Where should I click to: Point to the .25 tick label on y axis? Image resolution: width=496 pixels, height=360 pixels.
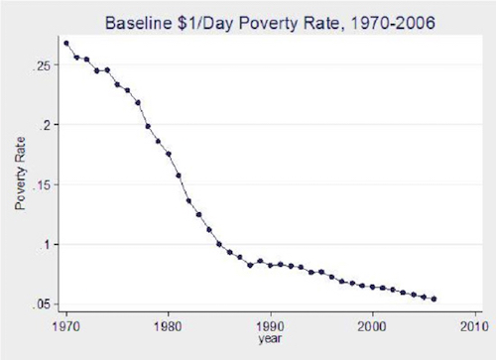click(x=42, y=65)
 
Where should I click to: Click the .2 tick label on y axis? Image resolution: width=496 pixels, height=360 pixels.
click(x=46, y=125)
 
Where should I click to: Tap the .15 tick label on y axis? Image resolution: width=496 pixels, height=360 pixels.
click(x=42, y=184)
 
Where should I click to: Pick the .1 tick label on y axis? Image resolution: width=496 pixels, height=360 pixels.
click(x=46, y=245)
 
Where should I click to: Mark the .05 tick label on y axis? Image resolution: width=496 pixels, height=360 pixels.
click(x=42, y=304)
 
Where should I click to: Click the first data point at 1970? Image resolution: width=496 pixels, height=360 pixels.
click(x=66, y=44)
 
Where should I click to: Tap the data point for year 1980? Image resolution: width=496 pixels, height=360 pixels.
click(x=169, y=154)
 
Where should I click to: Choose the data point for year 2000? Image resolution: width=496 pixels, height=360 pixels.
click(x=372, y=287)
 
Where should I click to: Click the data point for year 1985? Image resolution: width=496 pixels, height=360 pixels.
click(x=219, y=245)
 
